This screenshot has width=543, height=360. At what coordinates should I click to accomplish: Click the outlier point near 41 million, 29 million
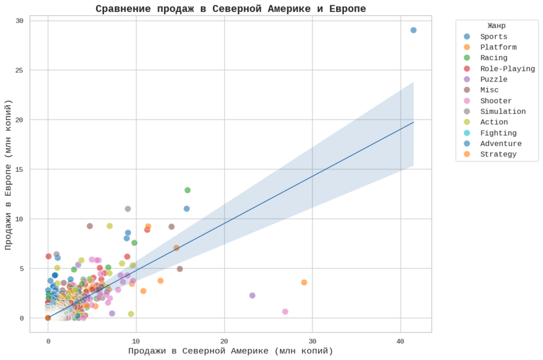pos(413,30)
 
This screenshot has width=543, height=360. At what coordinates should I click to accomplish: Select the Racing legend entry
pos(493,58)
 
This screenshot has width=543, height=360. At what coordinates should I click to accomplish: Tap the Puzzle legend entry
pos(493,80)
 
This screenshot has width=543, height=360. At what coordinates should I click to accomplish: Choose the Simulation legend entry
pos(502,112)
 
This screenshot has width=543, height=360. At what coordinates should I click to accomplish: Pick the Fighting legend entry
pos(498,133)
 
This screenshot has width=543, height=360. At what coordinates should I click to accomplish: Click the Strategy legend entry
pos(498,154)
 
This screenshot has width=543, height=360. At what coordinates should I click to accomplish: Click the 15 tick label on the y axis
pos(19,169)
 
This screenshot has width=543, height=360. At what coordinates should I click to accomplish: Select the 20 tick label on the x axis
pos(224,341)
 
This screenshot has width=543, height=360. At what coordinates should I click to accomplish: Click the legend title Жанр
pos(497,26)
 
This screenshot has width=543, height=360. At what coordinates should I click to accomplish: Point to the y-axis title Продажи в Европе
pos(9,175)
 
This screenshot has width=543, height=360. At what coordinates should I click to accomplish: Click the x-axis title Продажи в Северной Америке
pos(230,351)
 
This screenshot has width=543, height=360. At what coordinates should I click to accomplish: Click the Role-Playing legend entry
pos(507,69)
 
